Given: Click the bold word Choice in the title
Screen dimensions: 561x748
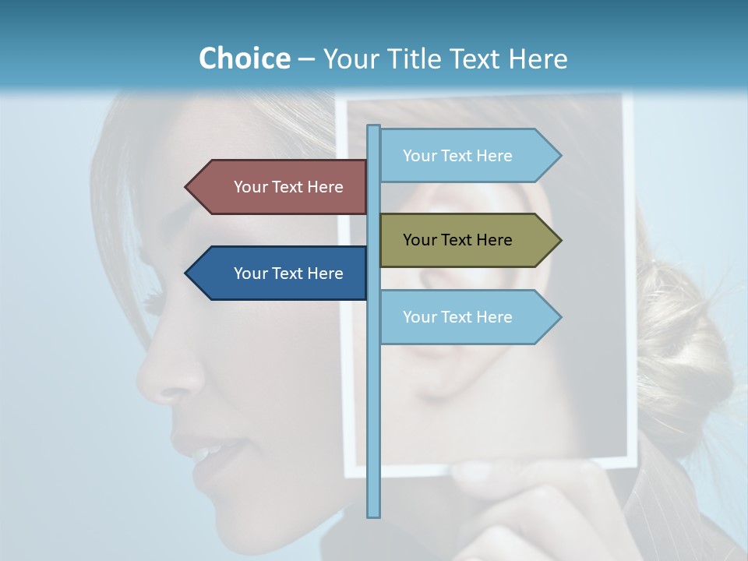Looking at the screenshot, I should tap(244, 58).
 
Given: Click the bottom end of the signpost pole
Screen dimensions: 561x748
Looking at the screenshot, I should tap(374, 514).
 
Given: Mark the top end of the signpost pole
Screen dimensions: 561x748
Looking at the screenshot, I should tap(374, 128).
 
